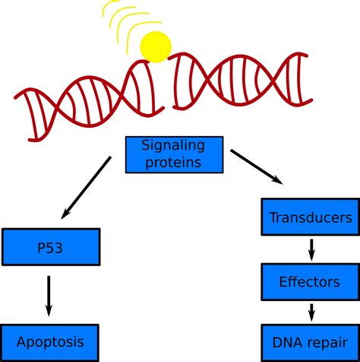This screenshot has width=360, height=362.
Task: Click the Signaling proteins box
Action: [x=174, y=154]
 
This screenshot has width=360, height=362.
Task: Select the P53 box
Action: [x=50, y=247]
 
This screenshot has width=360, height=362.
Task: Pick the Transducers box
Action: [x=310, y=218]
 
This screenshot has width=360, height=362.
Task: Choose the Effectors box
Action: [x=310, y=282]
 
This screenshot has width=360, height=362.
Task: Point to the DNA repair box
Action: [x=310, y=342]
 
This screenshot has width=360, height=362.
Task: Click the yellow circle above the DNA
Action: [x=156, y=47]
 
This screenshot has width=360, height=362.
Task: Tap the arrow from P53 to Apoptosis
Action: [x=49, y=295]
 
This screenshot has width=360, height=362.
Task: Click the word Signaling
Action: [x=175, y=144]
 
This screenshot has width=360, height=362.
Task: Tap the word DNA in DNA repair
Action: [x=286, y=342]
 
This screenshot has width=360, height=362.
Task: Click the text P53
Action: [x=50, y=248]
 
